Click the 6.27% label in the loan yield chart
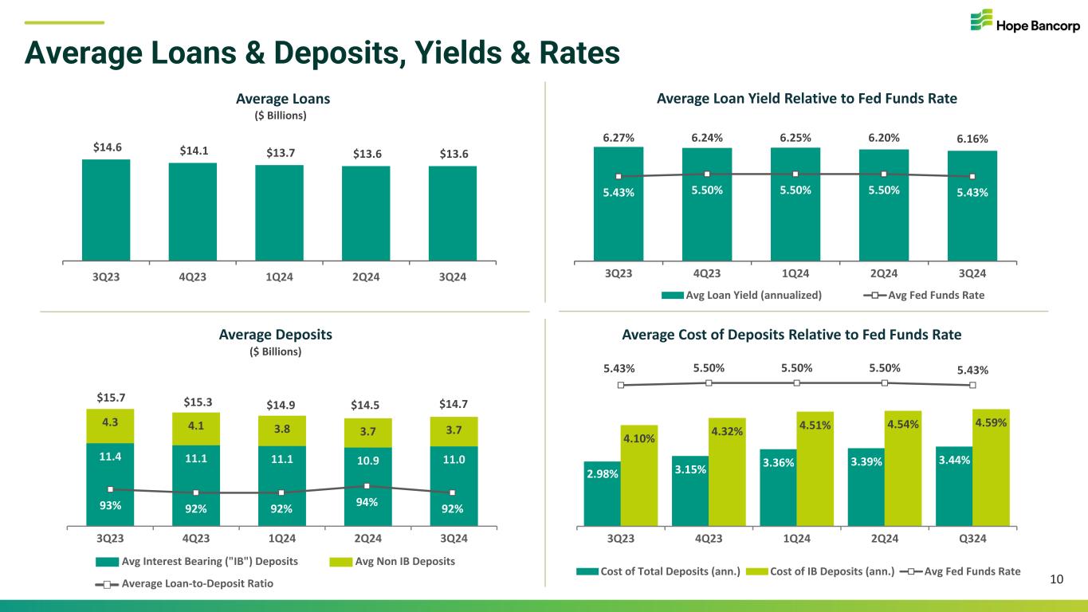(x=619, y=137)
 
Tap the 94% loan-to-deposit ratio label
(x=367, y=503)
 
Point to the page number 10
(x=1057, y=579)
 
